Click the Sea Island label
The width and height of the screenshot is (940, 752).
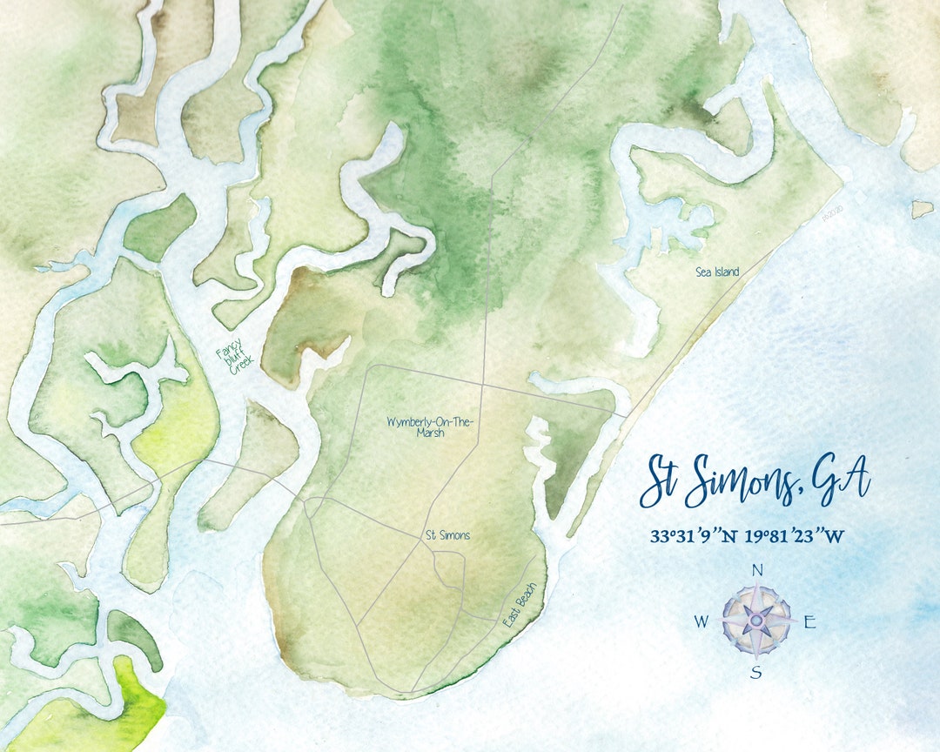(x=717, y=272)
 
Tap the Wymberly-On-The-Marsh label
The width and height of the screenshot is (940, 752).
(x=430, y=426)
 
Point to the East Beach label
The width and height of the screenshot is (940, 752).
(x=522, y=606)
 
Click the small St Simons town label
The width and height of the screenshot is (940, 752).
(x=447, y=535)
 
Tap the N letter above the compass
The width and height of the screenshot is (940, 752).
(x=756, y=571)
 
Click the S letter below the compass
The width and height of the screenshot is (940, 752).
(x=756, y=671)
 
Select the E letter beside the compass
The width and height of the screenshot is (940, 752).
(x=809, y=621)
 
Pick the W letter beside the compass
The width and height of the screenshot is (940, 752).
(x=702, y=621)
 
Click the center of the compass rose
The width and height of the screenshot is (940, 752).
(x=756, y=621)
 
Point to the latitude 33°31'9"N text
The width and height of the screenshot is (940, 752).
(x=694, y=536)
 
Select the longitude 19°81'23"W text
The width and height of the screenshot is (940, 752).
(x=794, y=536)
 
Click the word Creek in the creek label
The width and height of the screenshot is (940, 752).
(x=239, y=366)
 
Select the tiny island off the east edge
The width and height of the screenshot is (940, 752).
(x=922, y=209)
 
